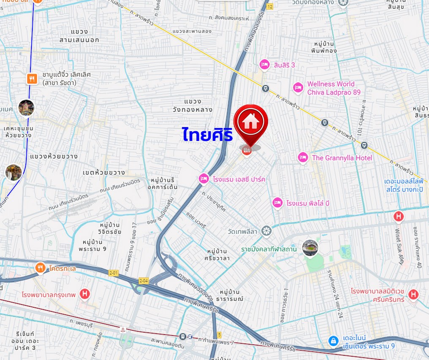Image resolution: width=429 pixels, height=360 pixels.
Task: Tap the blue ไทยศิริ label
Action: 208,134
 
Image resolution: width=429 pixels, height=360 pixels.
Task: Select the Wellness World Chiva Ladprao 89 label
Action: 334,88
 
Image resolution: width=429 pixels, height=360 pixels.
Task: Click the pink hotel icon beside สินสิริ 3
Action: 264,65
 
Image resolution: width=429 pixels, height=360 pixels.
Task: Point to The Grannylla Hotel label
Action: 342,158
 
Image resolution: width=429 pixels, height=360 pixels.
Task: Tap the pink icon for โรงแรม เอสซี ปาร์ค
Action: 204,179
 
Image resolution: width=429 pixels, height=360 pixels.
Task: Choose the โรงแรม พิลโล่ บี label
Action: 307,203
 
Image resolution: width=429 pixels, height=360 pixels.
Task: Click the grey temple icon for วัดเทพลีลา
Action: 266,231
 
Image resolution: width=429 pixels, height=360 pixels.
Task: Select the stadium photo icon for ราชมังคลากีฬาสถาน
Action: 310,248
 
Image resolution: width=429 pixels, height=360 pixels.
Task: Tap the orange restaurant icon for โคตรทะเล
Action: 40,268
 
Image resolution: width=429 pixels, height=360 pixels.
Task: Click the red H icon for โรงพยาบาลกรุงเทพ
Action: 85,294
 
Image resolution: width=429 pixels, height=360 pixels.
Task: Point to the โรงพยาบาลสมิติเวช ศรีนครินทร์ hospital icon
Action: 413,295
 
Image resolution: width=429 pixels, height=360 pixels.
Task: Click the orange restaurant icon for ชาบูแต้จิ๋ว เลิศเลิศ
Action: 32,78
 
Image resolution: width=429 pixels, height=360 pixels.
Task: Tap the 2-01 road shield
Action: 113,273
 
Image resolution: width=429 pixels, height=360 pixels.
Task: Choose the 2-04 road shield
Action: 144,281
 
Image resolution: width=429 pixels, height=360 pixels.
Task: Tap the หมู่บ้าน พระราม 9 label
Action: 92,245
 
